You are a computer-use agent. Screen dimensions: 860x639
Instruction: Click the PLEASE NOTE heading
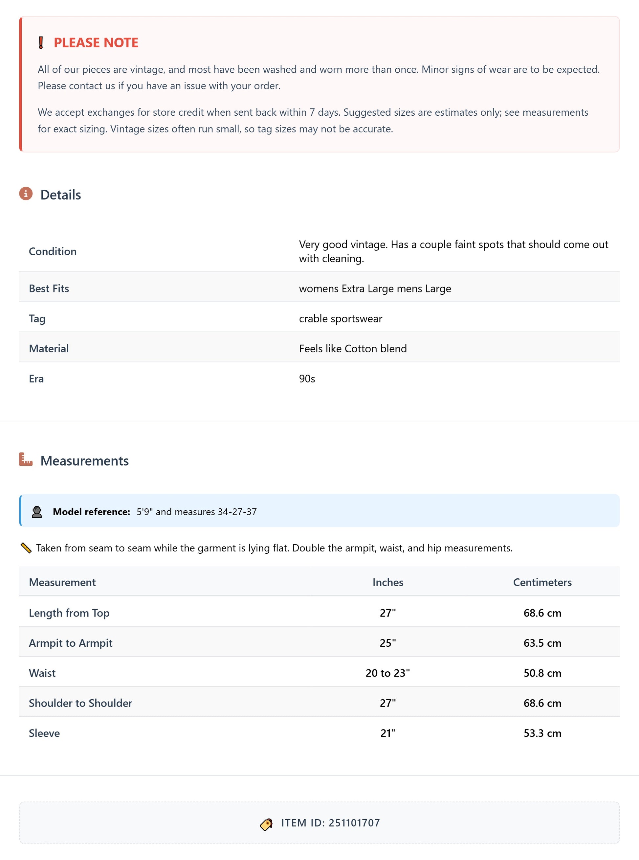pyautogui.click(x=96, y=43)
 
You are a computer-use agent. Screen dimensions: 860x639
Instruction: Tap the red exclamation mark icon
pyautogui.click(x=41, y=43)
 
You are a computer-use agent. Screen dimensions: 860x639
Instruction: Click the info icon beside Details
pyautogui.click(x=26, y=194)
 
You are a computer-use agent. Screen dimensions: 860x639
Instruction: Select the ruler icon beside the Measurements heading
pyautogui.click(x=26, y=459)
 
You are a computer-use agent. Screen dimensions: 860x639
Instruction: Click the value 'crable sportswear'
pyautogui.click(x=341, y=318)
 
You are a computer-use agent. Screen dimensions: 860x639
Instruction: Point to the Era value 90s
pyautogui.click(x=307, y=379)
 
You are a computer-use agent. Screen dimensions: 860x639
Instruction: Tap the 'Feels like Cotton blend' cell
pyautogui.click(x=353, y=348)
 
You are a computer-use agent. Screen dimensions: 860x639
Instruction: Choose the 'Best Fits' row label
pyautogui.click(x=49, y=288)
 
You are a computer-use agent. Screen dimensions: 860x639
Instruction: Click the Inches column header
pyautogui.click(x=387, y=582)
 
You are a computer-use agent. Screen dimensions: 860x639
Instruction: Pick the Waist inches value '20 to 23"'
pyautogui.click(x=387, y=673)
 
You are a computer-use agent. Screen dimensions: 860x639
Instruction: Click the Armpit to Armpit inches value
pyautogui.click(x=387, y=643)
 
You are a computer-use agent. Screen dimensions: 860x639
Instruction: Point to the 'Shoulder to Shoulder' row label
pyautogui.click(x=80, y=703)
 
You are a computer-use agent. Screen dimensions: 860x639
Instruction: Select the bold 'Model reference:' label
pyautogui.click(x=91, y=512)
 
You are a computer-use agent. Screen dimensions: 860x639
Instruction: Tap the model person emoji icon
pyautogui.click(x=37, y=512)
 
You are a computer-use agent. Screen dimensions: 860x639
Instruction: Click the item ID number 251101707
pyautogui.click(x=354, y=823)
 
